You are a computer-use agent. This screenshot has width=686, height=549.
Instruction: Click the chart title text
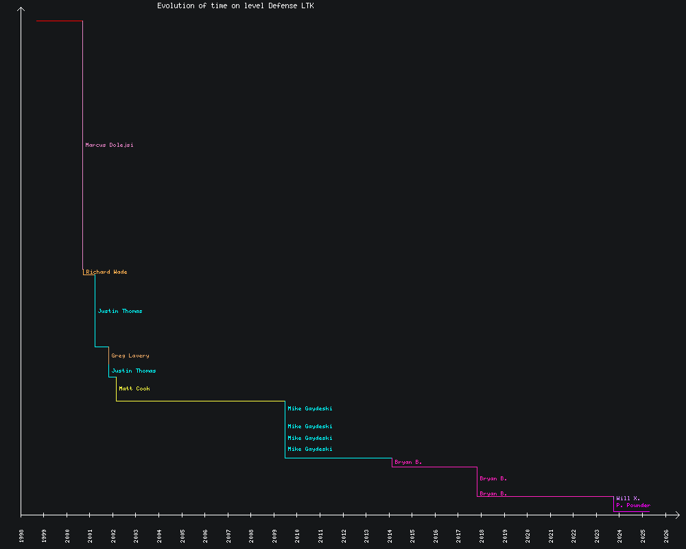coord(235,5)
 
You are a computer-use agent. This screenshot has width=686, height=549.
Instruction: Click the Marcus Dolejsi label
coord(109,145)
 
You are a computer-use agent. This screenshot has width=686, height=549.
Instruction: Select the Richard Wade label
coord(106,272)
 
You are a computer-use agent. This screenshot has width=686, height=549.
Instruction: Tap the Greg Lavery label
coord(130,355)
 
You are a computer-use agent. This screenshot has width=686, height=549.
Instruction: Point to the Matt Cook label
coord(134,388)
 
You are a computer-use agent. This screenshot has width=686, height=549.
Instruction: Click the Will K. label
coord(628,498)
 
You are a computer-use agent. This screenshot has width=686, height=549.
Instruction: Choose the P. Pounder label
coord(632,505)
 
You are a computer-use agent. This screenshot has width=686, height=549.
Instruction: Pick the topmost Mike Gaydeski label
coord(309,408)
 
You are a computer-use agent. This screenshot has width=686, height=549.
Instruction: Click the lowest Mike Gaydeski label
coord(309,449)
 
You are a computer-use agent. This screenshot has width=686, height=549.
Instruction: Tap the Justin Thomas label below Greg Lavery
coord(133,371)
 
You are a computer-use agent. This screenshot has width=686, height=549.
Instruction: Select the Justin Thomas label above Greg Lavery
coord(120,311)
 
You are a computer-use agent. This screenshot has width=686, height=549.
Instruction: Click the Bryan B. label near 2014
coord(407,462)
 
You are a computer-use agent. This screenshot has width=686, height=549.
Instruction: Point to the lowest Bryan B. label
coord(493,493)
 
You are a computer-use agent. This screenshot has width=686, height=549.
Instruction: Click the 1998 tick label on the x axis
coord(21,535)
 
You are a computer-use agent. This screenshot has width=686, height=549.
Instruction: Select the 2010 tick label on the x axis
coord(298,535)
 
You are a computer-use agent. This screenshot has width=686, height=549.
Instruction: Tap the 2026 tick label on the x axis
coord(666,535)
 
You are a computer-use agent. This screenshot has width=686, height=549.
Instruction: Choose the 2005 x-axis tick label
coord(182,535)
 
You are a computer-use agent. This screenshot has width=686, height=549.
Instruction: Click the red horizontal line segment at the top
coord(60,21)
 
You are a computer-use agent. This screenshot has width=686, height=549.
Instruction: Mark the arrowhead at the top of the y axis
coord(21,10)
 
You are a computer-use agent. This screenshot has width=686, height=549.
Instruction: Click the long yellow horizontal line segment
coord(199,401)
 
